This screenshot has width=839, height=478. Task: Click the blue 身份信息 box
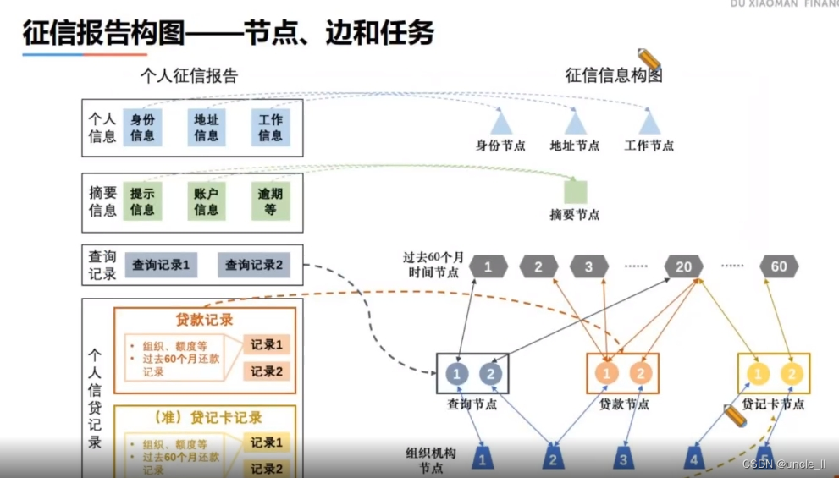(x=142, y=127)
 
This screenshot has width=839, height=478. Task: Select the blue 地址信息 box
(x=207, y=127)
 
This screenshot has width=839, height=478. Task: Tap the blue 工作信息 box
(x=270, y=127)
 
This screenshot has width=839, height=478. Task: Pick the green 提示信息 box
(x=142, y=201)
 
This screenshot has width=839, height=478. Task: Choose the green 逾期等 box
(x=270, y=201)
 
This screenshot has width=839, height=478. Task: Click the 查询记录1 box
(x=161, y=265)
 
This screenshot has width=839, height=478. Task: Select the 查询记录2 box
(x=253, y=265)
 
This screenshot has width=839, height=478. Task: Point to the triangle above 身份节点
(x=501, y=123)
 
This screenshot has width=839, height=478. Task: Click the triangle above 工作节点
(x=649, y=123)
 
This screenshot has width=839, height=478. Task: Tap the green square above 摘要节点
(x=576, y=192)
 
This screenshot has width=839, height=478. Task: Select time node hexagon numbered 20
(x=683, y=266)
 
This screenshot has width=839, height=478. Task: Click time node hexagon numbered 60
(x=779, y=266)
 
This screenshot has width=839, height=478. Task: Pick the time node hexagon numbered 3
(x=589, y=266)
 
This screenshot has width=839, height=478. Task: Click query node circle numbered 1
(x=457, y=374)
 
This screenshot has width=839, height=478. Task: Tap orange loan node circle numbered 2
(x=641, y=374)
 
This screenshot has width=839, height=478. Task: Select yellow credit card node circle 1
(x=759, y=374)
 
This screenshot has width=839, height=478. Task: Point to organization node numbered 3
(x=624, y=459)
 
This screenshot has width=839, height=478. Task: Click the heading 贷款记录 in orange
(x=204, y=320)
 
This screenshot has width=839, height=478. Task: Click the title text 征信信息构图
(x=613, y=75)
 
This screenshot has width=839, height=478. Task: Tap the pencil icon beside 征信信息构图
(x=649, y=58)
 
